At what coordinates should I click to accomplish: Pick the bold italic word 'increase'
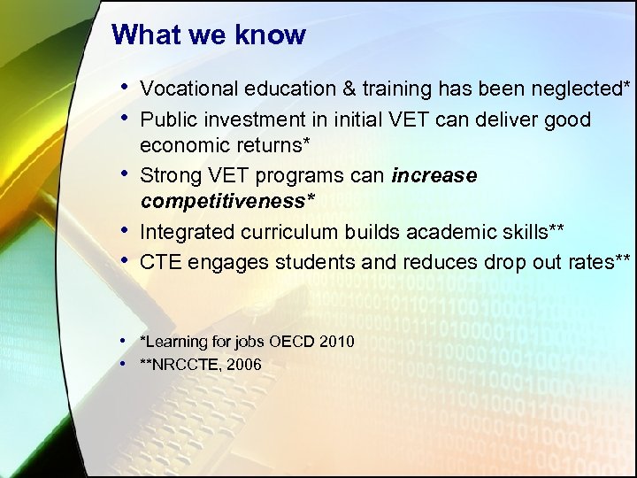point(434,175)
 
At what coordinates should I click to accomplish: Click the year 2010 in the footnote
point(337,342)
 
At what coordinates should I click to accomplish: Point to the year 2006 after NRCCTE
point(243,365)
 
